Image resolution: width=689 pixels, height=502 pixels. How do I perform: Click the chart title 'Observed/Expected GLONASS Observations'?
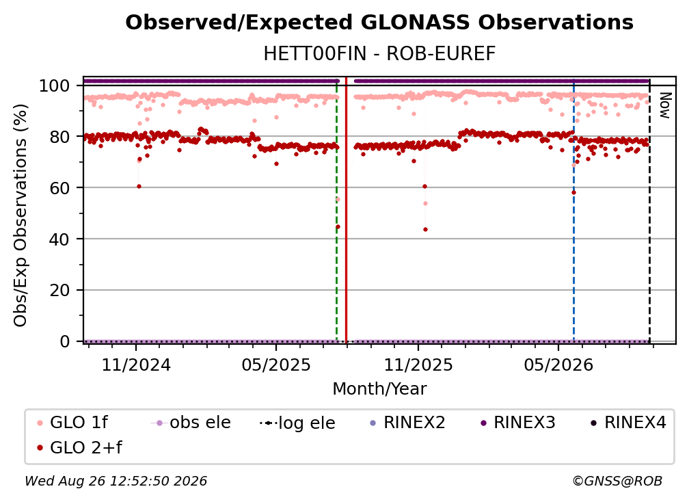tap(379, 23)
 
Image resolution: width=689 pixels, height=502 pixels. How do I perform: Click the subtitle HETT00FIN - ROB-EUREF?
tap(379, 54)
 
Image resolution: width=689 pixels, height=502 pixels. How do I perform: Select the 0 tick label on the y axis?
tap(65, 341)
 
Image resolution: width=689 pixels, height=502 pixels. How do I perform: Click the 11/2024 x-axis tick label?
tap(136, 365)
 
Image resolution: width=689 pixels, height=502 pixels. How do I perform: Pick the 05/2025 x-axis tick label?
tap(276, 365)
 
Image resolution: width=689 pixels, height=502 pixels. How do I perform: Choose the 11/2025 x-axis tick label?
tap(418, 365)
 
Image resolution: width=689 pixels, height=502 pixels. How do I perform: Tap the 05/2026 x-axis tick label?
tap(558, 365)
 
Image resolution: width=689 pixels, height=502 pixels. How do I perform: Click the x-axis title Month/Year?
tap(379, 389)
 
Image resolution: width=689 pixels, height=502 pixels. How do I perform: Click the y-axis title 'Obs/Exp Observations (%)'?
tap(21, 215)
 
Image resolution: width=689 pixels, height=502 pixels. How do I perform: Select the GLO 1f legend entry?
tap(72, 423)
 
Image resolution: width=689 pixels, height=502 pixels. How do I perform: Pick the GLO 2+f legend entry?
tap(79, 448)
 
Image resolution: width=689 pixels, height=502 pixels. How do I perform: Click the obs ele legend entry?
tap(191, 423)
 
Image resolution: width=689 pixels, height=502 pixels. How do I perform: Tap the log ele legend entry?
tap(298, 423)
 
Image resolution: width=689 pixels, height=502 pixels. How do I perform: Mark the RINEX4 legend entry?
tap(629, 423)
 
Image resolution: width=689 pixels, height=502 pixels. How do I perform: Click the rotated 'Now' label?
tap(665, 105)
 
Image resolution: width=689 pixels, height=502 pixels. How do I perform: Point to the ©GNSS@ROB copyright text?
tap(617, 481)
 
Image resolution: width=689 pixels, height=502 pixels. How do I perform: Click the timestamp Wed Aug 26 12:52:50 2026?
tap(116, 481)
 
